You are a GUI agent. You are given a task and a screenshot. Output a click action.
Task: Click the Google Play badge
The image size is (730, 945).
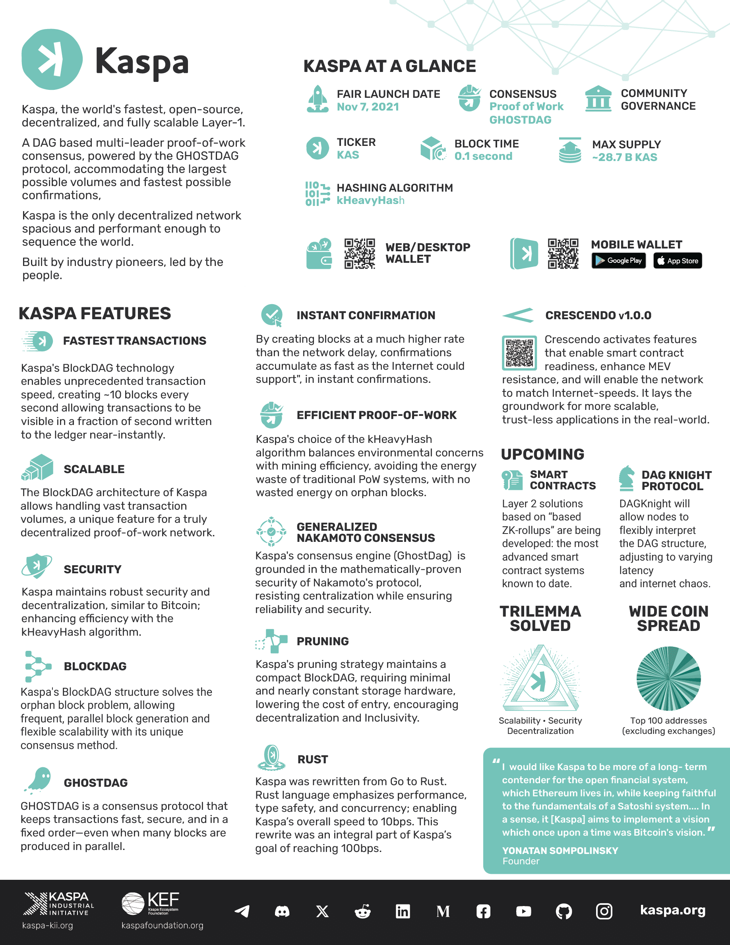click(618, 260)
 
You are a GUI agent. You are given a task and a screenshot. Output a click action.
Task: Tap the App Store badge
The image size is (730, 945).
click(677, 260)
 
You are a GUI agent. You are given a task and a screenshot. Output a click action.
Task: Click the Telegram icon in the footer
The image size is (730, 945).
click(242, 911)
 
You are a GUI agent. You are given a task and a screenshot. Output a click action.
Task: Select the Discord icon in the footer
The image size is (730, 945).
click(282, 911)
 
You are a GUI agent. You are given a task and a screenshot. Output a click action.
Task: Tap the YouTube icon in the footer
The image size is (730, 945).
click(523, 911)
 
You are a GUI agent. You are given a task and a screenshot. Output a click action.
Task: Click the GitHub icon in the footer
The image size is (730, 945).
click(563, 911)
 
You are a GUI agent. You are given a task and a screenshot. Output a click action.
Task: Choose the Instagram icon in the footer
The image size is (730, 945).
click(604, 911)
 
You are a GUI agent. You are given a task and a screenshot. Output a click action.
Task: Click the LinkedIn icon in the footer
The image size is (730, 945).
click(403, 911)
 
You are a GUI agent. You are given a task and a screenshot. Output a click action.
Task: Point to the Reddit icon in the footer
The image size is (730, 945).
click(362, 911)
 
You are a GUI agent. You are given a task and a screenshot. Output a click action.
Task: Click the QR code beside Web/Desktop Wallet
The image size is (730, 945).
click(359, 254)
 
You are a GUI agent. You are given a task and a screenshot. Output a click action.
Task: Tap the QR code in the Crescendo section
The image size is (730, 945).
click(519, 353)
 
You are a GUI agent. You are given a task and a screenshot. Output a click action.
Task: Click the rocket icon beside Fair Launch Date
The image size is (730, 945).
click(318, 99)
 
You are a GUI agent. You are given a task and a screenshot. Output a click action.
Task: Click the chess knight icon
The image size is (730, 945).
click(627, 479)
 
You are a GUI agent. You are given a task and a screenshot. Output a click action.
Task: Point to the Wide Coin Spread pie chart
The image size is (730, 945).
click(668, 679)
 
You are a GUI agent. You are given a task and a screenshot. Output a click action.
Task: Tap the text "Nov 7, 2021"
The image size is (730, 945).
click(368, 107)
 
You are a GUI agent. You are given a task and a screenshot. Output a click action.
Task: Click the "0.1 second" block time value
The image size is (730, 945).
click(483, 156)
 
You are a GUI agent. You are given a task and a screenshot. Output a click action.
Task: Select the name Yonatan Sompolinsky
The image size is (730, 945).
click(560, 851)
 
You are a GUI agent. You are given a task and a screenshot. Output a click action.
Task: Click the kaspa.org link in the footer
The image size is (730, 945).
click(672, 910)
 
